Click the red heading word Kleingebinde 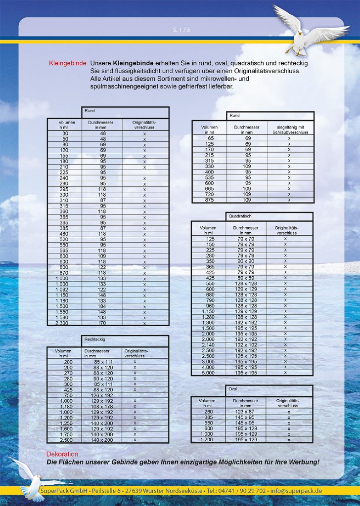click(x=68, y=64)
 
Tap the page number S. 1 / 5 click(x=181, y=30)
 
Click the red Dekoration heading click(x=62, y=454)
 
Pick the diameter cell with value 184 click(x=103, y=306)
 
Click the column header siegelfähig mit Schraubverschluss click(x=289, y=129)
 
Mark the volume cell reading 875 click(x=209, y=200)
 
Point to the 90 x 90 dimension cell click(x=246, y=261)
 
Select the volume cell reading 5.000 click(x=208, y=373)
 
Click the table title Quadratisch click(x=240, y=216)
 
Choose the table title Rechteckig click(x=95, y=340)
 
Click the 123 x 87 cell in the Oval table click(x=245, y=412)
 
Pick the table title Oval click(x=233, y=389)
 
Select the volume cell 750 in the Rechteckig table click(x=68, y=395)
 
